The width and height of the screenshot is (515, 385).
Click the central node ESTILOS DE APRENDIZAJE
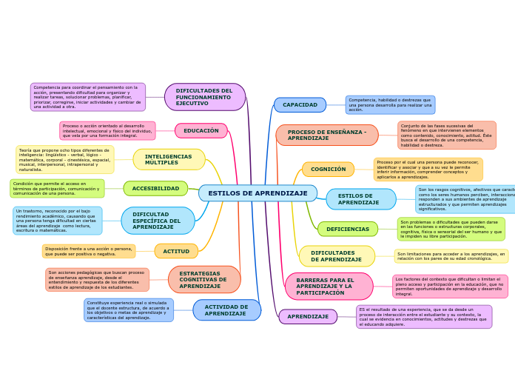pyautogui.click(x=257, y=193)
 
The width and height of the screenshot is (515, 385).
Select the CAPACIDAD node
pyautogui.click(x=300, y=105)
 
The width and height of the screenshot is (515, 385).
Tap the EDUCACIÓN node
pyautogui.click(x=201, y=131)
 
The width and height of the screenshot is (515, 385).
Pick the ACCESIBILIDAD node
pyautogui.click(x=155, y=189)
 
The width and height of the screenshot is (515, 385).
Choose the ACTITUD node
pyautogui.click(x=176, y=252)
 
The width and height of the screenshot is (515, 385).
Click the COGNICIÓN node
pyautogui.click(x=328, y=170)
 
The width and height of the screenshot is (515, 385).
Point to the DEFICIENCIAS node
pyautogui.click(x=348, y=230)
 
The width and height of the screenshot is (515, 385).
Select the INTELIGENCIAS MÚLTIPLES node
pyautogui.click(x=169, y=160)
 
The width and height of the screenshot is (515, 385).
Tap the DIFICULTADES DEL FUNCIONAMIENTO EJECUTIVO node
pyautogui.click(x=204, y=97)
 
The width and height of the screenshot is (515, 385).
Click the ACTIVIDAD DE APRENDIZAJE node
pyautogui.click(x=226, y=310)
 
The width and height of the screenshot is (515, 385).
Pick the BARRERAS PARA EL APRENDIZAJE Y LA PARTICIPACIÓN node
pyautogui.click(x=329, y=287)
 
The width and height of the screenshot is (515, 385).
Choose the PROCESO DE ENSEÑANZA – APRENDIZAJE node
pyautogui.click(x=327, y=135)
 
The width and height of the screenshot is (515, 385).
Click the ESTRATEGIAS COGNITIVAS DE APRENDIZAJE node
pyautogui.click(x=203, y=280)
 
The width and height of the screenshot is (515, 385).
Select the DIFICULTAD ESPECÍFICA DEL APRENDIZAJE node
pyautogui.click(x=158, y=221)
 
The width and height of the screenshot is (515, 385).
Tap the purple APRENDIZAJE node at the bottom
pyautogui.click(x=308, y=317)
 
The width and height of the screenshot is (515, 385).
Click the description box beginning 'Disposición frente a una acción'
pyautogui.click(x=89, y=251)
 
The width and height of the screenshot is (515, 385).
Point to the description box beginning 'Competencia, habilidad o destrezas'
pyautogui.click(x=390, y=105)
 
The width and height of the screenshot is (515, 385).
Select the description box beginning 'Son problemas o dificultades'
pyautogui.click(x=451, y=230)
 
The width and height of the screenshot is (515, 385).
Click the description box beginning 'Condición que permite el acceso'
pyautogui.click(x=57, y=189)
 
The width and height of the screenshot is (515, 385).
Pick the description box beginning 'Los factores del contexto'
pyautogui.click(x=450, y=287)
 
